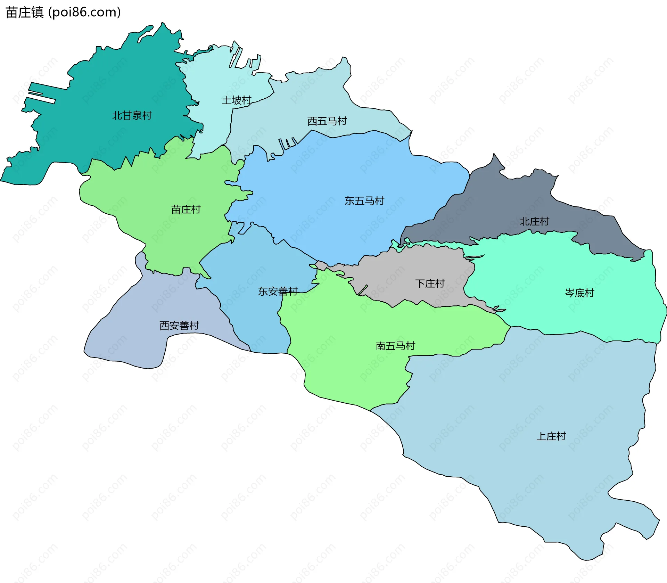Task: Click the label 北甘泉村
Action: [x=132, y=115]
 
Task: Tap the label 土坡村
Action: [x=237, y=100]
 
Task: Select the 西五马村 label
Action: [x=327, y=121]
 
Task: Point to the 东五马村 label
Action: [x=364, y=201]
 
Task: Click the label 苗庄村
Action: [x=186, y=210]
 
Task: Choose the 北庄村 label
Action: [x=534, y=221]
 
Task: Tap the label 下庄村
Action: [x=430, y=284]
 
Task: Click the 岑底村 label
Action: [x=579, y=293]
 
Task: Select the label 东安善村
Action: [x=278, y=291]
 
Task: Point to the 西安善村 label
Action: [x=179, y=326]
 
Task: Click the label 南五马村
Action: [x=395, y=346]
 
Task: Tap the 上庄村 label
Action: [x=551, y=436]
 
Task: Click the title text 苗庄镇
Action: [x=24, y=13]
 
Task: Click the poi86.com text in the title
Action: [x=84, y=13]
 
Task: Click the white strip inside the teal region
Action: [x=42, y=97]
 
